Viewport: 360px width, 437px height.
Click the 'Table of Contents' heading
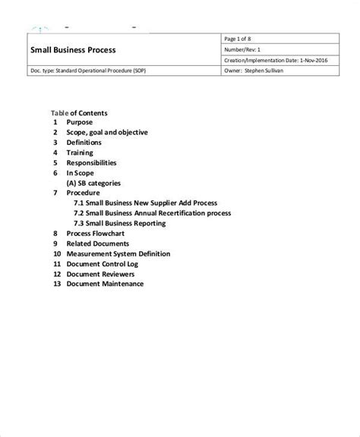79,113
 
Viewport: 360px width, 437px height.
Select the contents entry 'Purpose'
80,122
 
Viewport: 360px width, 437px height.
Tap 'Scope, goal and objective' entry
107,133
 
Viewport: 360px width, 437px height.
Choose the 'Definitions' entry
84,143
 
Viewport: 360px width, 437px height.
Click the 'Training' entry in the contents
80,152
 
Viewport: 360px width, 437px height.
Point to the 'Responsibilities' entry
91,162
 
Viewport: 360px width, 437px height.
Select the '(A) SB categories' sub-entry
93,183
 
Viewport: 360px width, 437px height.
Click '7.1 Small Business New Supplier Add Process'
146,203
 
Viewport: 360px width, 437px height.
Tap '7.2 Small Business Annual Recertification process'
152,214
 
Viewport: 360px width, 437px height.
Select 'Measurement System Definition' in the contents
118,253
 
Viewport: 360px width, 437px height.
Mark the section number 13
55,284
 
